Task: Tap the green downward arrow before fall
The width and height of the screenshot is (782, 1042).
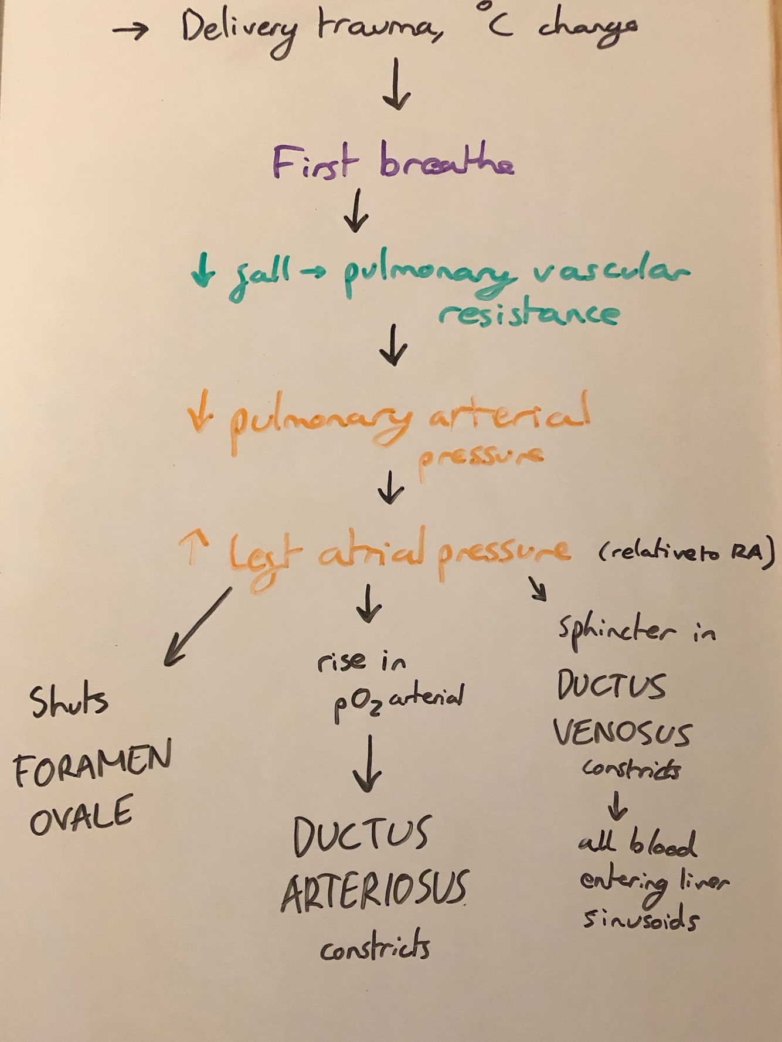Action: pos(203,272)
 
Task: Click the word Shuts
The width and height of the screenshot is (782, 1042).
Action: pos(69,701)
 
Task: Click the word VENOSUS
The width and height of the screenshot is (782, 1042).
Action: pos(621,733)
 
